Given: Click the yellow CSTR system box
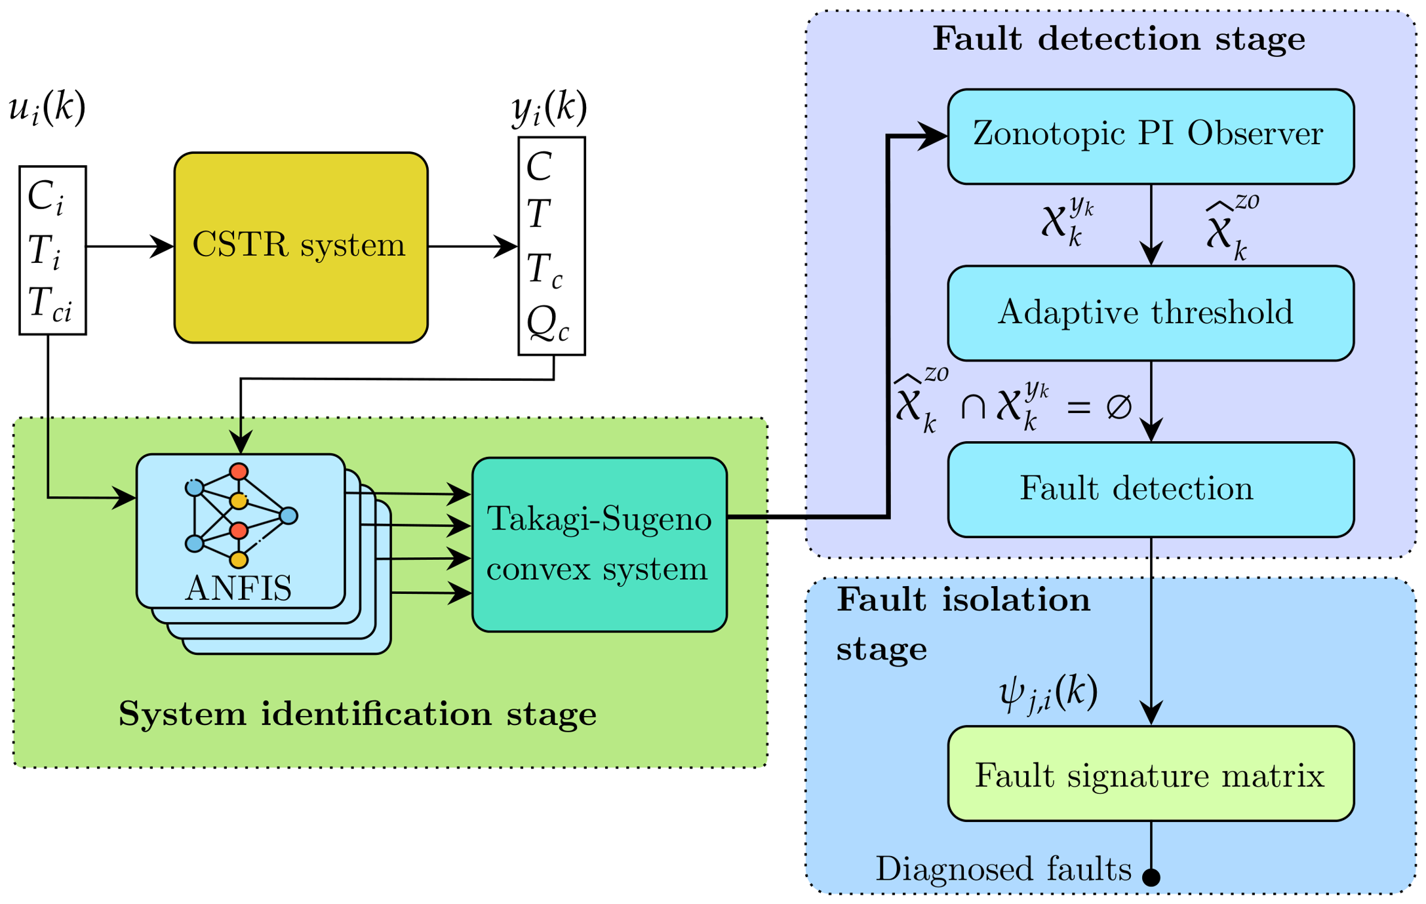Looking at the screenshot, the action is coord(301,247).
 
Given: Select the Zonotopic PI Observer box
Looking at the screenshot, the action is coord(1151,136).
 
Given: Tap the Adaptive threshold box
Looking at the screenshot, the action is coord(1151,313).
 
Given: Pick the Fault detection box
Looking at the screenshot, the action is coord(1151,490).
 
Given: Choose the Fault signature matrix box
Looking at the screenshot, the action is coord(1151,774).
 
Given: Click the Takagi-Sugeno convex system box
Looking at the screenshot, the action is coord(599,545).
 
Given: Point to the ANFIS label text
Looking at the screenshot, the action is coord(239,588).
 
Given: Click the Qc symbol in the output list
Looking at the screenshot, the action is coord(548,324).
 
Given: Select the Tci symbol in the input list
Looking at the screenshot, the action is coord(50,304).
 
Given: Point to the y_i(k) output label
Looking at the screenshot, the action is coord(549,108).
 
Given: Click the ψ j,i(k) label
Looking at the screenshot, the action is coord(1048,693).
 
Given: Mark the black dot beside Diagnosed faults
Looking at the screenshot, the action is coord(1151,877).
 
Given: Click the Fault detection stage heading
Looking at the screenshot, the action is coord(1119,39).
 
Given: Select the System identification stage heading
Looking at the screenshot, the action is coord(357,714).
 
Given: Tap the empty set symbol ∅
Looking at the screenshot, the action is coord(1119,406).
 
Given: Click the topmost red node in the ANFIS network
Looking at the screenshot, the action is coord(239,471).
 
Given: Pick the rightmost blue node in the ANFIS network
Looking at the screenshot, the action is coord(288,516).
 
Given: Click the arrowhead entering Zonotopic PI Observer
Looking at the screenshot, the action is coord(932,136).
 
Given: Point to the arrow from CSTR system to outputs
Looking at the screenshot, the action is coord(473,246).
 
